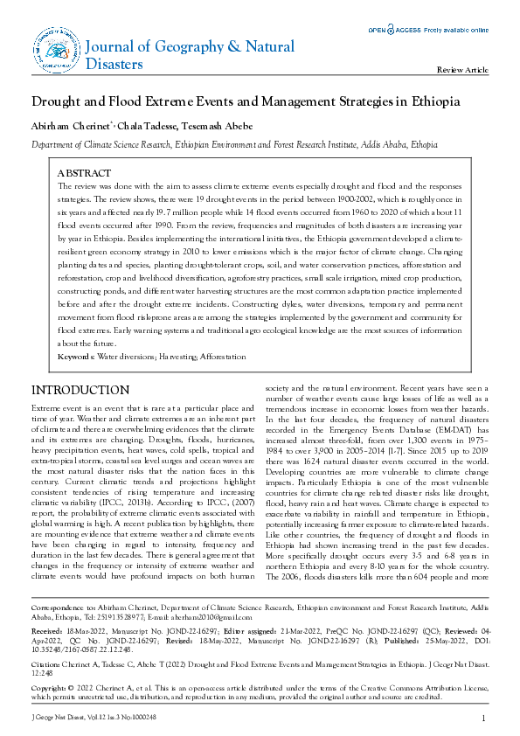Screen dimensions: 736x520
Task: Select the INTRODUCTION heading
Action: [x=81, y=390]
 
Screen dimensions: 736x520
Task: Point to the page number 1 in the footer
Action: [x=483, y=718]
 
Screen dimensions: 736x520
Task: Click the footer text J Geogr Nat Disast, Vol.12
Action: [x=61, y=718]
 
